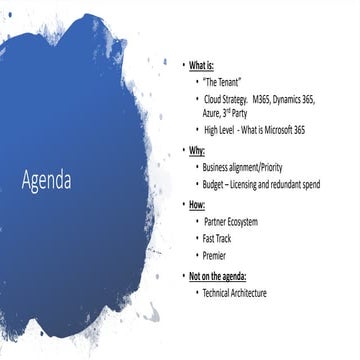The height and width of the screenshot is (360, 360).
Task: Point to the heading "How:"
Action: [x=200, y=203]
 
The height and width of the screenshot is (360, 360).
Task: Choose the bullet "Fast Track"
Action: [x=220, y=239]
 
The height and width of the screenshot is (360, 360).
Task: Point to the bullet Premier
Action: [x=216, y=256]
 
